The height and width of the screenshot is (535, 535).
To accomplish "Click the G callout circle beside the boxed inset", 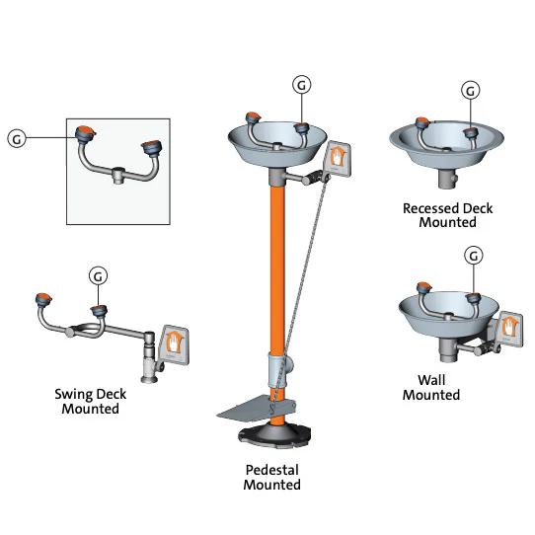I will (x=17, y=139).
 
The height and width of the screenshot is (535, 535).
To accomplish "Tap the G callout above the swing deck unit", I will (x=99, y=275).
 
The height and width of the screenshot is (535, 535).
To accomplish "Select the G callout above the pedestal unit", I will (x=302, y=85).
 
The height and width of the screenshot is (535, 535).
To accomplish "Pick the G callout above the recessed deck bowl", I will (x=472, y=90).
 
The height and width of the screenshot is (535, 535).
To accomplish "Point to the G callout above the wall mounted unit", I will (x=475, y=256).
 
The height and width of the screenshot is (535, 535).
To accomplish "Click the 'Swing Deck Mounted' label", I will (x=90, y=401).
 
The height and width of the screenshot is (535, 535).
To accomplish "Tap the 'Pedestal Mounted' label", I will (x=271, y=477).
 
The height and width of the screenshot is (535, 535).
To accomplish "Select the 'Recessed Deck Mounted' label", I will (x=447, y=215).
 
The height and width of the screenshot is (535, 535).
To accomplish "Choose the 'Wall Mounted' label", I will (x=431, y=387).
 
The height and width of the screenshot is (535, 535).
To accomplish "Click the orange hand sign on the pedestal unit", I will (x=339, y=156).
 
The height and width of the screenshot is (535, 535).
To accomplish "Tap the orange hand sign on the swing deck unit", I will (x=176, y=343).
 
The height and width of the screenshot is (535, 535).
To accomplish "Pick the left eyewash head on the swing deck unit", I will (x=43, y=300).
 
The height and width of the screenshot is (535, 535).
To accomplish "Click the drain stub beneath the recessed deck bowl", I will (x=449, y=181).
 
